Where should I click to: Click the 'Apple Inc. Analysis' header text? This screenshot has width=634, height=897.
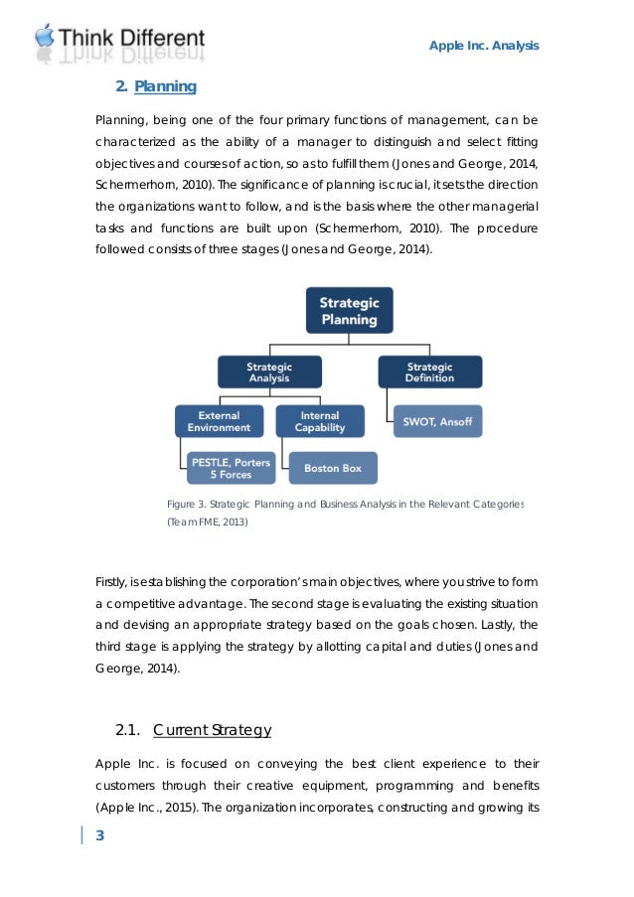pyautogui.click(x=484, y=46)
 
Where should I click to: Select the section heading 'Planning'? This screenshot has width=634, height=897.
pyautogui.click(x=165, y=86)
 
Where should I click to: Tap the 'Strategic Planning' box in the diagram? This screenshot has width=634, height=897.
pyautogui.click(x=348, y=310)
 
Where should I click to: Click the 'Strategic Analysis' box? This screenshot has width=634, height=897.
pyautogui.click(x=269, y=373)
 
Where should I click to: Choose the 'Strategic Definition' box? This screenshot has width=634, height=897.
pyautogui.click(x=429, y=373)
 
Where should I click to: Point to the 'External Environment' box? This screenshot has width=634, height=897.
pyautogui.click(x=219, y=421)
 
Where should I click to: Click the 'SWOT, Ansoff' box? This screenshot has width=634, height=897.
pyautogui.click(x=437, y=421)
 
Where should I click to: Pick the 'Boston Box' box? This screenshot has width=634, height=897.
pyautogui.click(x=333, y=467)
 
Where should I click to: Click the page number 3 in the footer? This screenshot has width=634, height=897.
pyautogui.click(x=99, y=834)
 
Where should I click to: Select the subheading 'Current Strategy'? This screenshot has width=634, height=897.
pyautogui.click(x=213, y=731)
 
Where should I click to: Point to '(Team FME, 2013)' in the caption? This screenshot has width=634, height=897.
pyautogui.click(x=207, y=522)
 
